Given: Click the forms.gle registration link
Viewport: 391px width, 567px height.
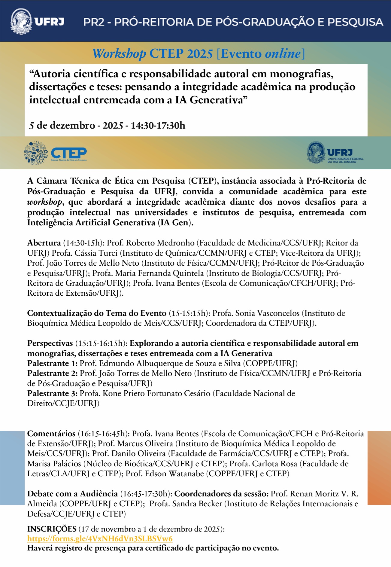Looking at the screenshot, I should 100,538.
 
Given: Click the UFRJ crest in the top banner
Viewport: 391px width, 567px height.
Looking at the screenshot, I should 21,22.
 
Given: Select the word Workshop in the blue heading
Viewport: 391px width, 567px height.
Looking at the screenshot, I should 119,54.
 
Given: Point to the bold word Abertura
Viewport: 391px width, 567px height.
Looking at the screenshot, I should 44,243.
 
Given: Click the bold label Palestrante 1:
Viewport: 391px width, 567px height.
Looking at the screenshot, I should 52,363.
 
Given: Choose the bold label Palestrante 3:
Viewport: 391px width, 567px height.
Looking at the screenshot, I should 52,393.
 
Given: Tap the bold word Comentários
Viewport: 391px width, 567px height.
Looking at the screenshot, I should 51,434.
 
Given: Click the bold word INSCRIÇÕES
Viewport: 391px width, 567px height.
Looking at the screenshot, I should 52,529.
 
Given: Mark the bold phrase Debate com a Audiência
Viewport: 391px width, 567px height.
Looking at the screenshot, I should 72,494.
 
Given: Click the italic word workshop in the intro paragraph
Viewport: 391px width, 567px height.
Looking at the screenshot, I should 44,202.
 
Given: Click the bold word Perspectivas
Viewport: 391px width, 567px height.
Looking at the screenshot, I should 50,343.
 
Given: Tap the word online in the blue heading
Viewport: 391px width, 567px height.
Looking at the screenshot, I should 282,54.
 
